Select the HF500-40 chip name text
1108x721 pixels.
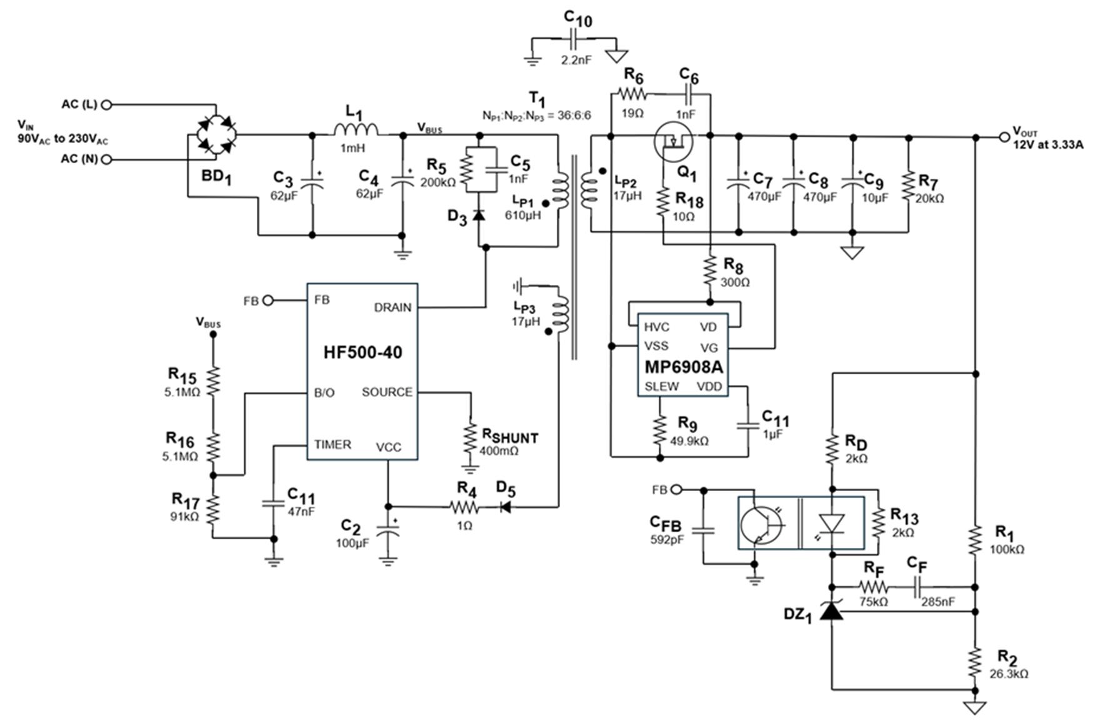[362, 352]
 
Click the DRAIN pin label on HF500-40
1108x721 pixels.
[392, 307]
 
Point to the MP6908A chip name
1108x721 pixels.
[683, 367]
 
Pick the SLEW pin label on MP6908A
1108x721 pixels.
[662, 387]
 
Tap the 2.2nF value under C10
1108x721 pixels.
[576, 60]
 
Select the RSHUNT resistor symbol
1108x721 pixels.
[470, 440]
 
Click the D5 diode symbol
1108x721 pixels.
[505, 507]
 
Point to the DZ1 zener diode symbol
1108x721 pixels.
[832, 610]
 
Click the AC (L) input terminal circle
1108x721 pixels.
[106, 105]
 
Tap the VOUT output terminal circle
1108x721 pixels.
[1004, 137]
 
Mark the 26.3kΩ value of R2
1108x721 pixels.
[1009, 674]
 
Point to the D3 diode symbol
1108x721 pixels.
[479, 215]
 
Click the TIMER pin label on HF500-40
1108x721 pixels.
[332, 445]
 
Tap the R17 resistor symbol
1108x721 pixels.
[213, 509]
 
